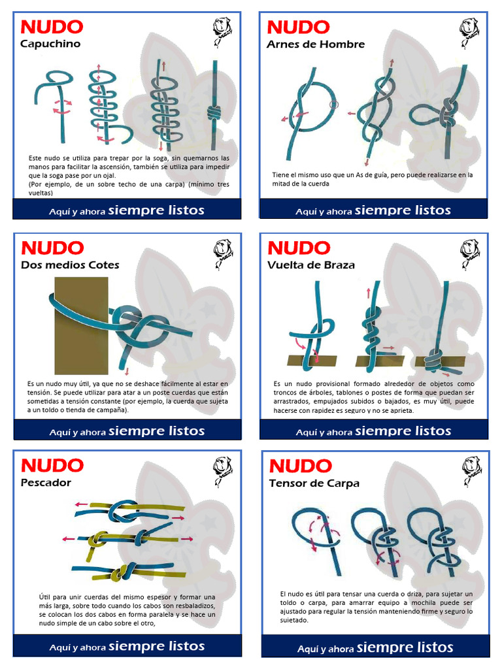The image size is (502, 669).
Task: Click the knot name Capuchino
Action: [50, 44]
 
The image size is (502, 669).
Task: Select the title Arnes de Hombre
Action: [315, 44]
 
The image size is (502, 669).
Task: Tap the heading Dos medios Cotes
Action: [70, 265]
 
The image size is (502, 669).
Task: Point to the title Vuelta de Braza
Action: [310, 265]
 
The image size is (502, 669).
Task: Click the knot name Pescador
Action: [46, 482]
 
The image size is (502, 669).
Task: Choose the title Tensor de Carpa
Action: [314, 483]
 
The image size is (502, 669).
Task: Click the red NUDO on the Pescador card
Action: [52, 465]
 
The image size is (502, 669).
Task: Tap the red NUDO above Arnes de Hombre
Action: [298, 27]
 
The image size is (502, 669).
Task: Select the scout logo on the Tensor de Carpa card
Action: [472, 470]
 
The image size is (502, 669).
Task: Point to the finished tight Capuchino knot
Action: [214, 112]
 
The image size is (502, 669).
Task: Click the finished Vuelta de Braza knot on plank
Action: [435, 359]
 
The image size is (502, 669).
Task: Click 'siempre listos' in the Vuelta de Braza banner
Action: [403, 431]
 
